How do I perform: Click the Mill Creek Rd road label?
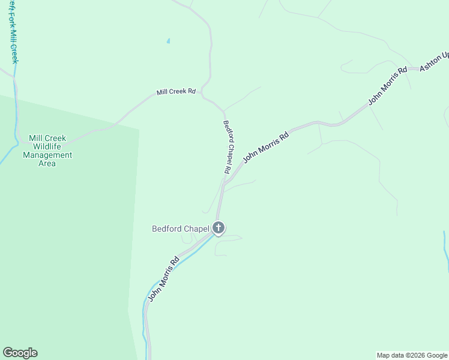point(176,92)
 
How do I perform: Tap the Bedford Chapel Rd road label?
point(228,147)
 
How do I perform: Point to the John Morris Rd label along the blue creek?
point(164,279)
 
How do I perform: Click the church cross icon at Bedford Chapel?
point(218,227)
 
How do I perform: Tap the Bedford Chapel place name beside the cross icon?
point(180,228)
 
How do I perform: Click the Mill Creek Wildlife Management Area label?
point(47,151)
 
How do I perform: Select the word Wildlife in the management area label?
point(47,146)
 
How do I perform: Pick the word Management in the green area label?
point(47,155)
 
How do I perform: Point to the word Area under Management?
point(47,163)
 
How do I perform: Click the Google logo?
point(20,353)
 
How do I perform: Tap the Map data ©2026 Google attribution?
point(412,355)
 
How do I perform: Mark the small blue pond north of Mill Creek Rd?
point(168,41)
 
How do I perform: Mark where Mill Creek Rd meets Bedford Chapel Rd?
point(223,111)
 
